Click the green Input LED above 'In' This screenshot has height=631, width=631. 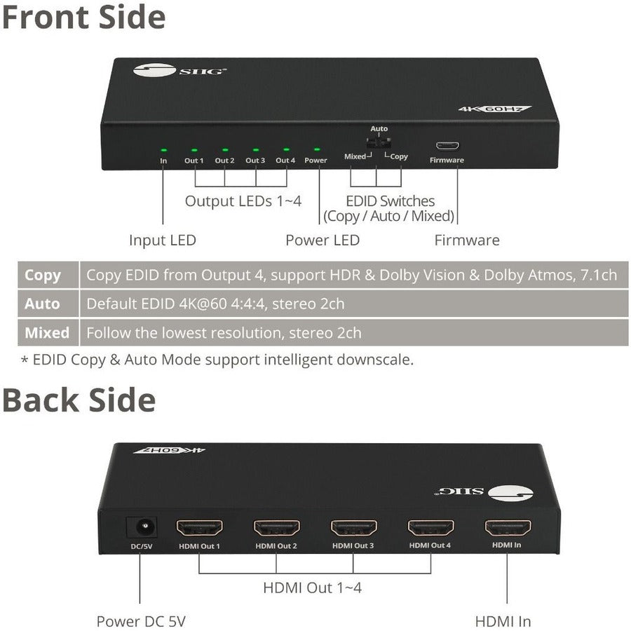163,149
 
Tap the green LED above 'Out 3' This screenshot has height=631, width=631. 255,149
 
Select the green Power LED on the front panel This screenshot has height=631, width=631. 315,149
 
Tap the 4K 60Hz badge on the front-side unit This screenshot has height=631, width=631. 494,109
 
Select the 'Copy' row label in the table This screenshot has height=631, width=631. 43,275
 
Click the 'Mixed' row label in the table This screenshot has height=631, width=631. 47,332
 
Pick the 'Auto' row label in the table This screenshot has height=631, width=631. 43,304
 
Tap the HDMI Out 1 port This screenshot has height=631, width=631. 199,528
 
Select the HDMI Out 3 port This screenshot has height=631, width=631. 353,528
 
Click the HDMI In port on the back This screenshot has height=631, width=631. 507,528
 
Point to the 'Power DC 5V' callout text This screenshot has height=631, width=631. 141,620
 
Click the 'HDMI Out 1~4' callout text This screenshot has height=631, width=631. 312,588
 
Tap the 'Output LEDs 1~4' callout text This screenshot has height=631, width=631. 243,201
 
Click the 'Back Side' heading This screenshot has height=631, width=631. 79,400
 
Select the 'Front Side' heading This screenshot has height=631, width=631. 83,17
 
